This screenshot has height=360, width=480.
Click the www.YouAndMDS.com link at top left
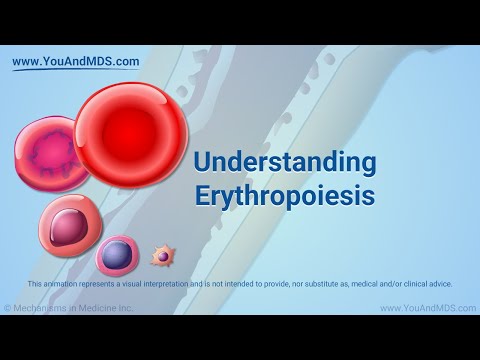coord(76,62)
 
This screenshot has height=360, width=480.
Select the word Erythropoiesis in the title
coord(284,195)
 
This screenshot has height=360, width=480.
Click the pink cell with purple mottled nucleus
coord(50,155)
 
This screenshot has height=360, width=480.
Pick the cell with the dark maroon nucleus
coord(69,226)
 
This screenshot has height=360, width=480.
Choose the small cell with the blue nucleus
coord(117,255)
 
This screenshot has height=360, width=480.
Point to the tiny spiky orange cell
coord(162,257)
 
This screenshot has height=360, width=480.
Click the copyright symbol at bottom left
coord(8,308)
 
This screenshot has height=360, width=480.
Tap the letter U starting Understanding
coord(203,163)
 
